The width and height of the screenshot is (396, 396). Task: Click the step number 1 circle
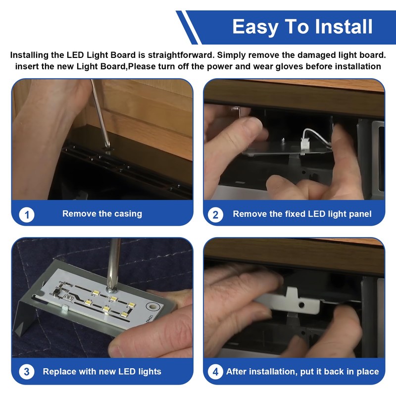click(27, 215)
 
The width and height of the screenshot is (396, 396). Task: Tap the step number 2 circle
click(215, 215)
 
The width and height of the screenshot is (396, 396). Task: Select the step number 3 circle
click(27, 372)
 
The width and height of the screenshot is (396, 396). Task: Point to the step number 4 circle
click(215, 372)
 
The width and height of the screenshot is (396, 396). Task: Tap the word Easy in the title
click(255, 27)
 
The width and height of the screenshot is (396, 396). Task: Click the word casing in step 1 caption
click(128, 214)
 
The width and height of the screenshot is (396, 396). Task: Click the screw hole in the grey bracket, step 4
click(301, 305)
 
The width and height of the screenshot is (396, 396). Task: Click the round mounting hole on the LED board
click(152, 306)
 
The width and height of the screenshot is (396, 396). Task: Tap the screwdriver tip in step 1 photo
click(108, 146)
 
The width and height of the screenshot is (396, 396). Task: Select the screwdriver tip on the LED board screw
click(110, 289)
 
